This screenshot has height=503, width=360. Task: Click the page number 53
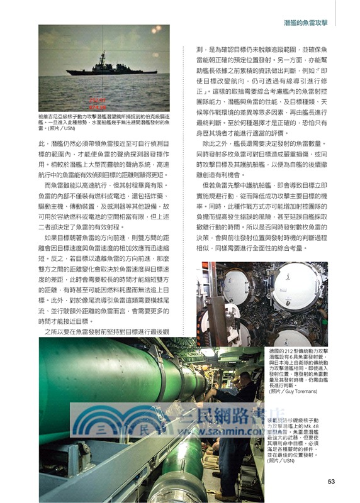click(x=331, y=482)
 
